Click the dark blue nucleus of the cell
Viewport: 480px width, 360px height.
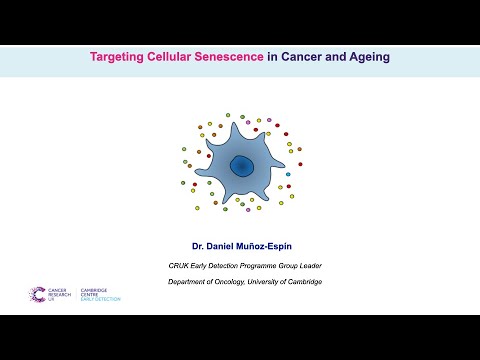pyautogui.click(x=242, y=166)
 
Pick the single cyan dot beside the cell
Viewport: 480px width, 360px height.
pyautogui.click(x=288, y=174)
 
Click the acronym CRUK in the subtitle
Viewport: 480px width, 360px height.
pyautogui.click(x=179, y=265)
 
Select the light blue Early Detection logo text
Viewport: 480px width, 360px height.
pyautogui.click(x=101, y=298)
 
